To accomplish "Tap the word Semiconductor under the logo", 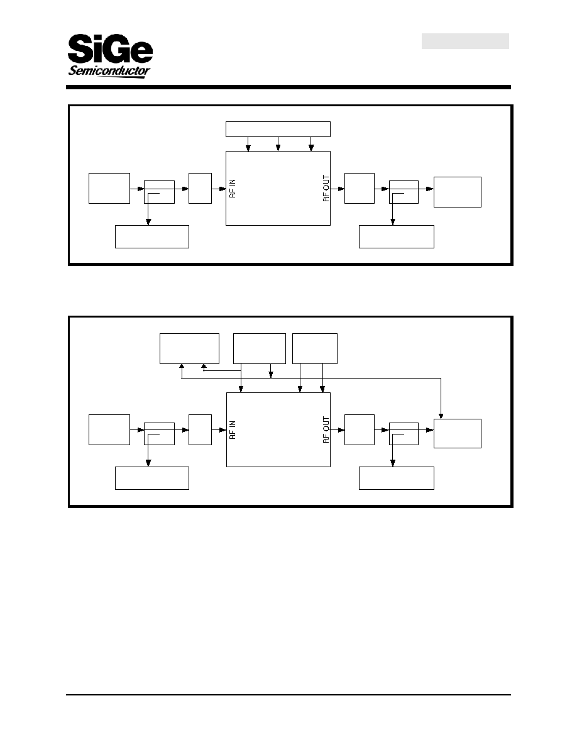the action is (109, 72).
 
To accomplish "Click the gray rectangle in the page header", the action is (465, 41).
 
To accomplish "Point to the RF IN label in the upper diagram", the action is (233, 189).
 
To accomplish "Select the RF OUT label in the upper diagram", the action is (326, 189).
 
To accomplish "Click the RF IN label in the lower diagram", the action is (233, 429).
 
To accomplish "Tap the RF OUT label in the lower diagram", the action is (326, 429).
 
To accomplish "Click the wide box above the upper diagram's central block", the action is (278, 129).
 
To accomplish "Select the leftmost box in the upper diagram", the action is (109, 188).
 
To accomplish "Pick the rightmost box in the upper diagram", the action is (458, 192).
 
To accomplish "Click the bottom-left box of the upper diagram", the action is (152, 237).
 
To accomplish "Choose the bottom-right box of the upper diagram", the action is (397, 237).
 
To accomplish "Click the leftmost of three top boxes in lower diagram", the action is (189, 349).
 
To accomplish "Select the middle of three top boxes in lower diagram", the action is (260, 349).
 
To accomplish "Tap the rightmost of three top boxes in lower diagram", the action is (315, 349).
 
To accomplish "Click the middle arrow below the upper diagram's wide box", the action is (278, 144).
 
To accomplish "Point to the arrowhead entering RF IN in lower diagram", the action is (223, 430).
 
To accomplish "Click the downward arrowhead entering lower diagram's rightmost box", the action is (441, 416).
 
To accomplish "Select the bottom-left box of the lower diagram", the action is (152, 479).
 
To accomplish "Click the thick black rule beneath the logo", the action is (288, 87).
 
